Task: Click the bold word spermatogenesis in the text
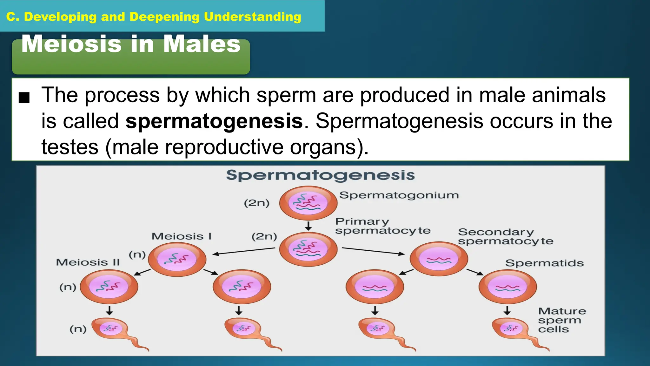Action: coord(214,121)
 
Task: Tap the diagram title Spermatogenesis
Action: coord(320,175)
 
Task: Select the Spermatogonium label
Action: coord(399,195)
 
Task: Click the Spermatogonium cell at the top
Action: coord(308,203)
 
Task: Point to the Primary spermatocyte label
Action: coord(382,226)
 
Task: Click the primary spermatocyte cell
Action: coord(308,249)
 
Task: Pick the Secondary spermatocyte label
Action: coord(505,237)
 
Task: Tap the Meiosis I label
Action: coord(181,236)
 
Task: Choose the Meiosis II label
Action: coord(88,262)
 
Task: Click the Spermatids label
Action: coord(544,263)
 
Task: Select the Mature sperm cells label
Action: coord(562,320)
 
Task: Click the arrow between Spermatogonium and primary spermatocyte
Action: coord(308,226)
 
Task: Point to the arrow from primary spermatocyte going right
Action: coord(373,251)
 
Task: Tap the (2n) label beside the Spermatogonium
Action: coord(256,203)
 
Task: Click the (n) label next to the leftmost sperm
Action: coord(78,329)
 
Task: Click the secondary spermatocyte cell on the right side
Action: coord(439,259)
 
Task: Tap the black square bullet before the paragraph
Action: coord(24,98)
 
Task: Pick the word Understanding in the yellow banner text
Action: coord(252,17)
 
